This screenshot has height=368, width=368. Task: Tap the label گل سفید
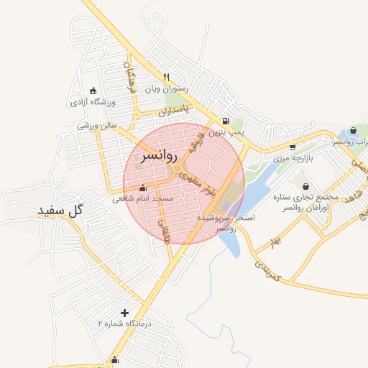tap(61, 211)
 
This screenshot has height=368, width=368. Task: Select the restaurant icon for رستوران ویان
tap(167, 77)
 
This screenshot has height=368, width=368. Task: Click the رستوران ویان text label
tap(167, 89)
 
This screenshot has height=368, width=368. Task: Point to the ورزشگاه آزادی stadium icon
tap(93, 91)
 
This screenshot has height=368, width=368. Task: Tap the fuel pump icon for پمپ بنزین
tap(226, 121)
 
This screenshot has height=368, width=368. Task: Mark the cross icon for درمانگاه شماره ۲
tap(125, 313)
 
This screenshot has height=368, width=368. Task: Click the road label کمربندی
tap(267, 270)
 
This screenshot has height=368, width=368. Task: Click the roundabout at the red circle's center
tap(178, 169)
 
